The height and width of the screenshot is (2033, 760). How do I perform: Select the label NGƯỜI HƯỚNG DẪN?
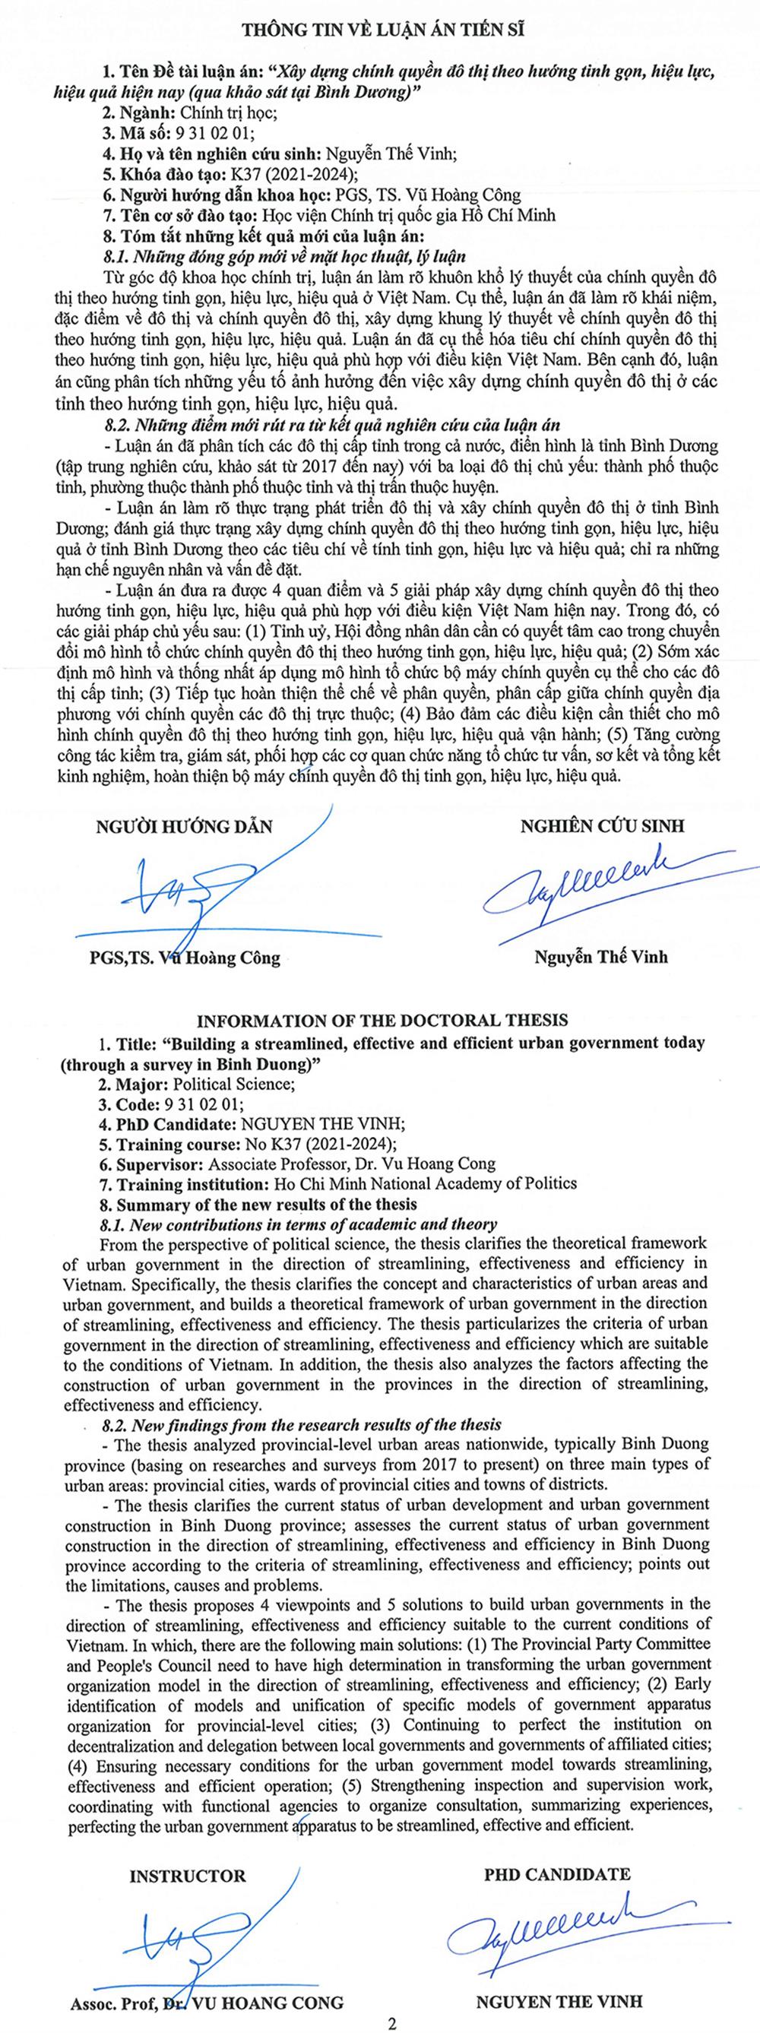tap(184, 826)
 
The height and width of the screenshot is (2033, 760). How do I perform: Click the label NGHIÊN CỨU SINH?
tap(602, 825)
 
